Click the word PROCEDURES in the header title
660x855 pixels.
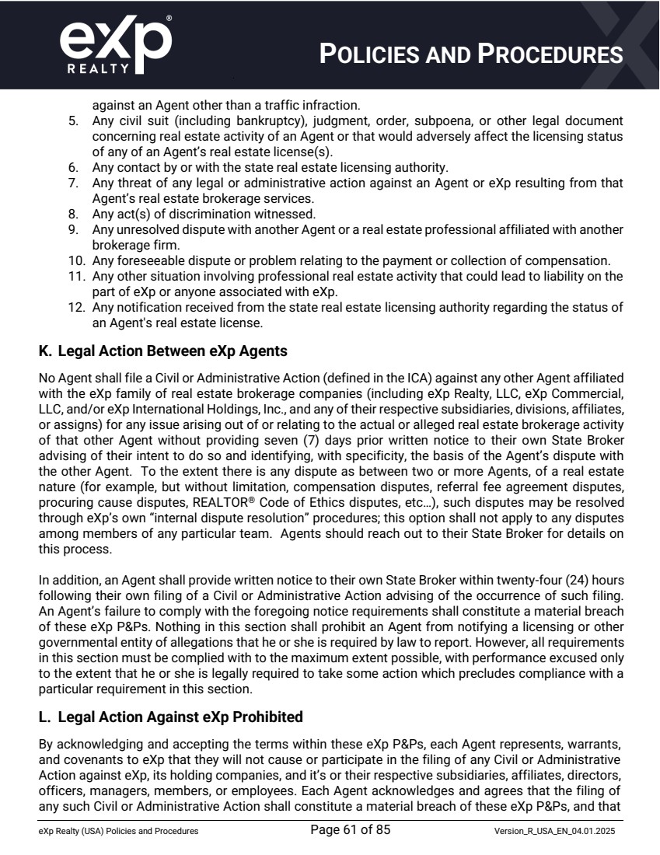pyautogui.click(x=550, y=54)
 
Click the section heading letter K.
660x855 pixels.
pyautogui.click(x=44, y=351)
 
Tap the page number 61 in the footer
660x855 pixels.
pyautogui.click(x=350, y=831)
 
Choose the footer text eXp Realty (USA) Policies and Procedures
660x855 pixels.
pyautogui.click(x=118, y=832)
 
